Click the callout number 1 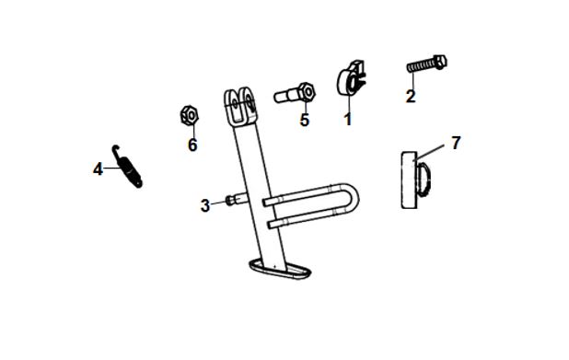348,119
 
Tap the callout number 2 411,96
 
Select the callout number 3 205,205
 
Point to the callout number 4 98,169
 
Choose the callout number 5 305,120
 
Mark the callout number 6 192,145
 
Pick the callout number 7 456,143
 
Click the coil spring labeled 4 127,167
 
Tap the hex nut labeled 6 190,115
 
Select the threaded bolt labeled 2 427,64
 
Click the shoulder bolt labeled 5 295,93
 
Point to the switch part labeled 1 351,78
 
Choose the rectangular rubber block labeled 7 410,180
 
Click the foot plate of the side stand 280,270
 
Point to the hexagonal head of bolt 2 440,63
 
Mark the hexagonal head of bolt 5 307,92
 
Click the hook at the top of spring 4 115,149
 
